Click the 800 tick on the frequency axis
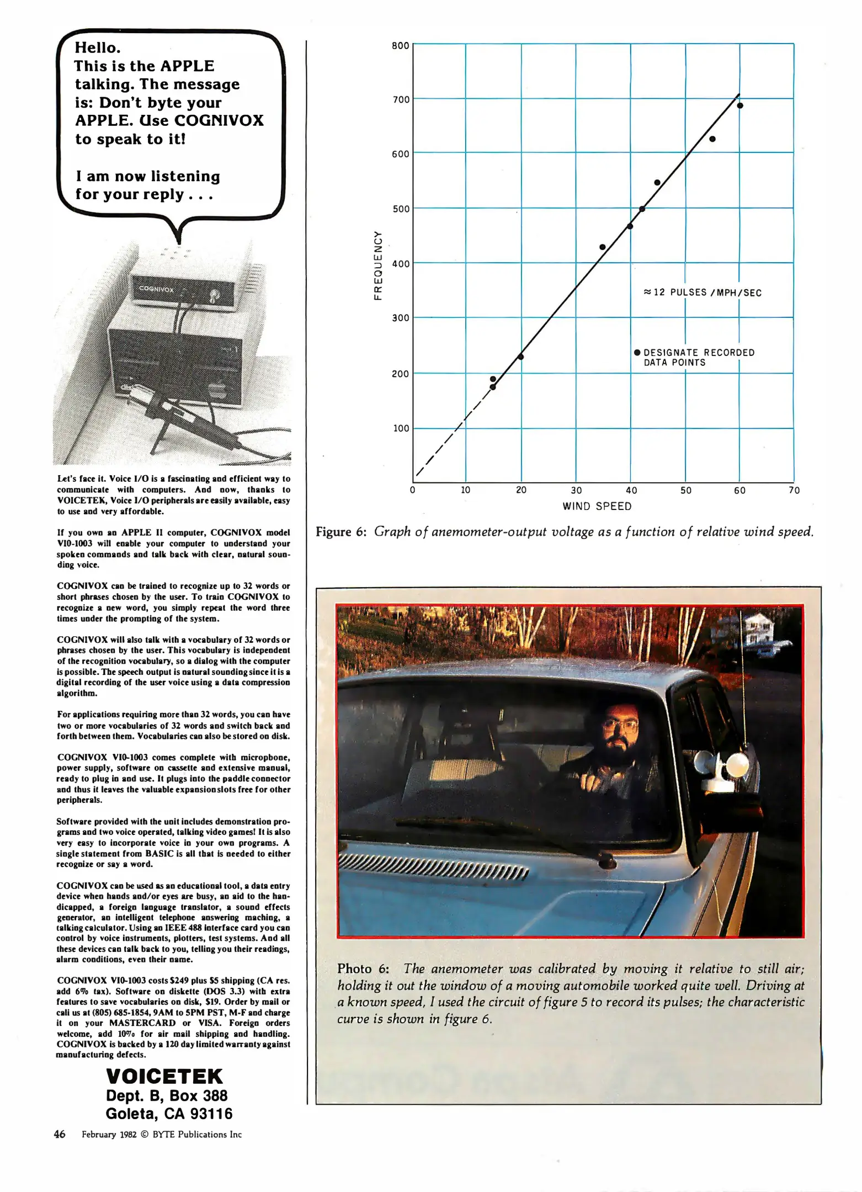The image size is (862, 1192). (400, 46)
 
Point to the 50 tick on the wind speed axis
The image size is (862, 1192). (685, 490)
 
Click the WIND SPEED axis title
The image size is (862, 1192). (597, 506)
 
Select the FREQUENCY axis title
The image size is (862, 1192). (378, 265)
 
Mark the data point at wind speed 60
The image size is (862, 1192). (740, 105)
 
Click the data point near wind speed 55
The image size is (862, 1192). (712, 139)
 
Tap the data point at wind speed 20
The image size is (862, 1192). (520, 356)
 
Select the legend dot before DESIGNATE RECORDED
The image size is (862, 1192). (637, 352)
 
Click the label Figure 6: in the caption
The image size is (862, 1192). (341, 532)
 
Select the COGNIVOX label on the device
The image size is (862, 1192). (156, 289)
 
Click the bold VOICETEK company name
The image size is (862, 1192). (164, 1076)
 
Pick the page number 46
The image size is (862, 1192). (60, 1134)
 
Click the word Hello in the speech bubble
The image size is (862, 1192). (97, 47)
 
